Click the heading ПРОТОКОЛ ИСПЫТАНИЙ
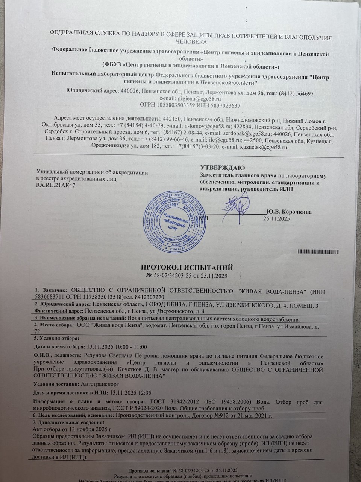pyautogui.click(x=187, y=268)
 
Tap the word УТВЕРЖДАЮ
pyautogui.click(x=222, y=167)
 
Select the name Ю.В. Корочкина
pyautogui.click(x=288, y=212)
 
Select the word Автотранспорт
pyautogui.click(x=100, y=384)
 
